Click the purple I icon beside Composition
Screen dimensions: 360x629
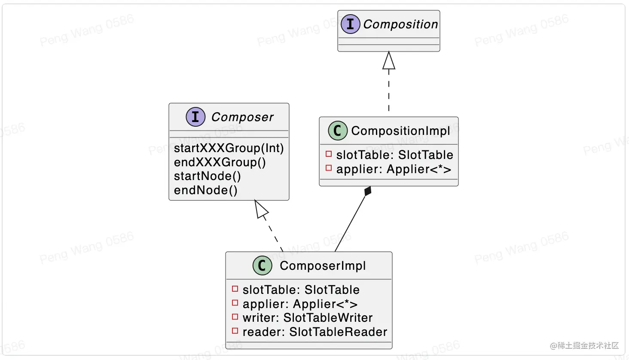point(350,24)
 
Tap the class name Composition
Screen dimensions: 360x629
point(400,24)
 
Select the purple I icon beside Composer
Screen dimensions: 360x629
point(195,117)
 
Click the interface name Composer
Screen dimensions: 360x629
point(242,117)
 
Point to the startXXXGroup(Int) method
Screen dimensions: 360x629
point(229,148)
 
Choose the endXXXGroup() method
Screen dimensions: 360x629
point(220,162)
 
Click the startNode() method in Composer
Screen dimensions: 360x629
point(207,176)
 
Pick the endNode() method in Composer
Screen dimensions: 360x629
point(205,190)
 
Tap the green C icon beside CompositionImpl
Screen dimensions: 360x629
point(338,131)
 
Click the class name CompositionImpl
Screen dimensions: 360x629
point(400,131)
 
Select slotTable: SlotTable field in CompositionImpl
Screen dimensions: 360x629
point(394,155)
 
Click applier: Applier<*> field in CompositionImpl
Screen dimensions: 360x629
point(394,169)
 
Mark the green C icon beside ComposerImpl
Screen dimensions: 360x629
point(262,265)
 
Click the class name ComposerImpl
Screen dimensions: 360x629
point(323,266)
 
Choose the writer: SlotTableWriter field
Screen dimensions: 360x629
point(307,318)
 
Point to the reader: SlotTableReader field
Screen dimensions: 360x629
point(314,332)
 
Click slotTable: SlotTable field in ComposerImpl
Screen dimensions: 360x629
point(301,290)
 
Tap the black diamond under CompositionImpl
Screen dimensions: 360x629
point(368,192)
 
